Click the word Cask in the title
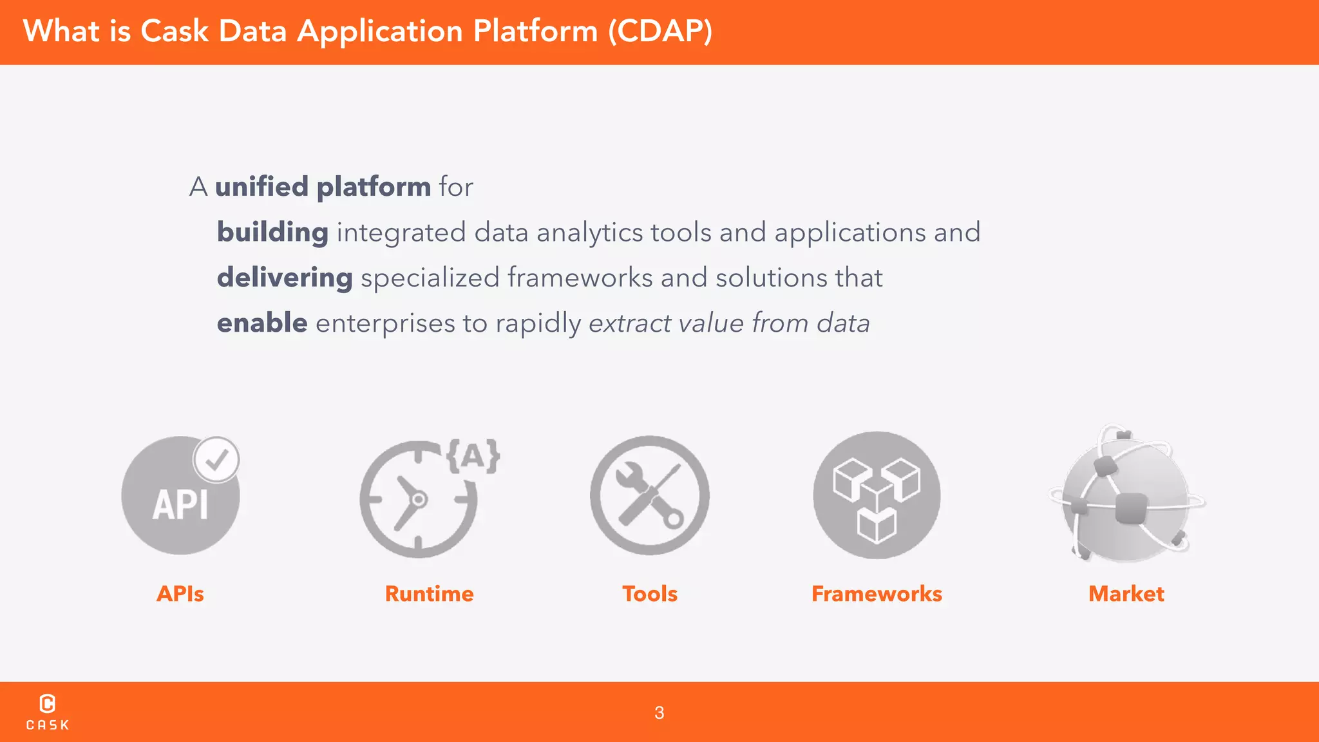click(x=174, y=31)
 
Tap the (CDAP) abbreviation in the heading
click(x=660, y=31)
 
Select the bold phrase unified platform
click(x=323, y=187)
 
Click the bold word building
click(x=272, y=233)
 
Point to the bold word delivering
click(x=285, y=278)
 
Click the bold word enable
click(x=262, y=323)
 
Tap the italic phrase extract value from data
click(x=729, y=323)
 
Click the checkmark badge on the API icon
click(x=216, y=459)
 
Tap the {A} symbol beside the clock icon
click(x=473, y=456)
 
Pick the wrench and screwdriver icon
click(x=649, y=495)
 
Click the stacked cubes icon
click(x=877, y=495)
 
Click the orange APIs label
click(x=180, y=594)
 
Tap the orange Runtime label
click(x=429, y=594)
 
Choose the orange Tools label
click(x=649, y=594)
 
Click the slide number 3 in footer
click(x=659, y=713)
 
